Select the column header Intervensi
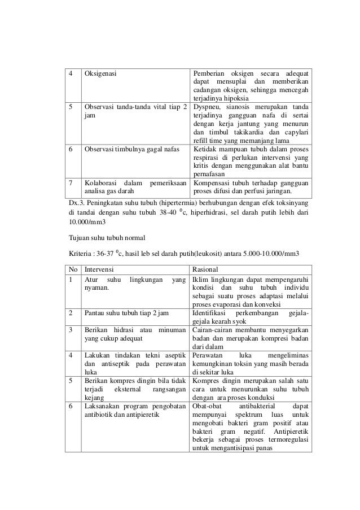(100, 269)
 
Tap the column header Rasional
(207, 269)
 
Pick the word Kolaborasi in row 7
(102, 184)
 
